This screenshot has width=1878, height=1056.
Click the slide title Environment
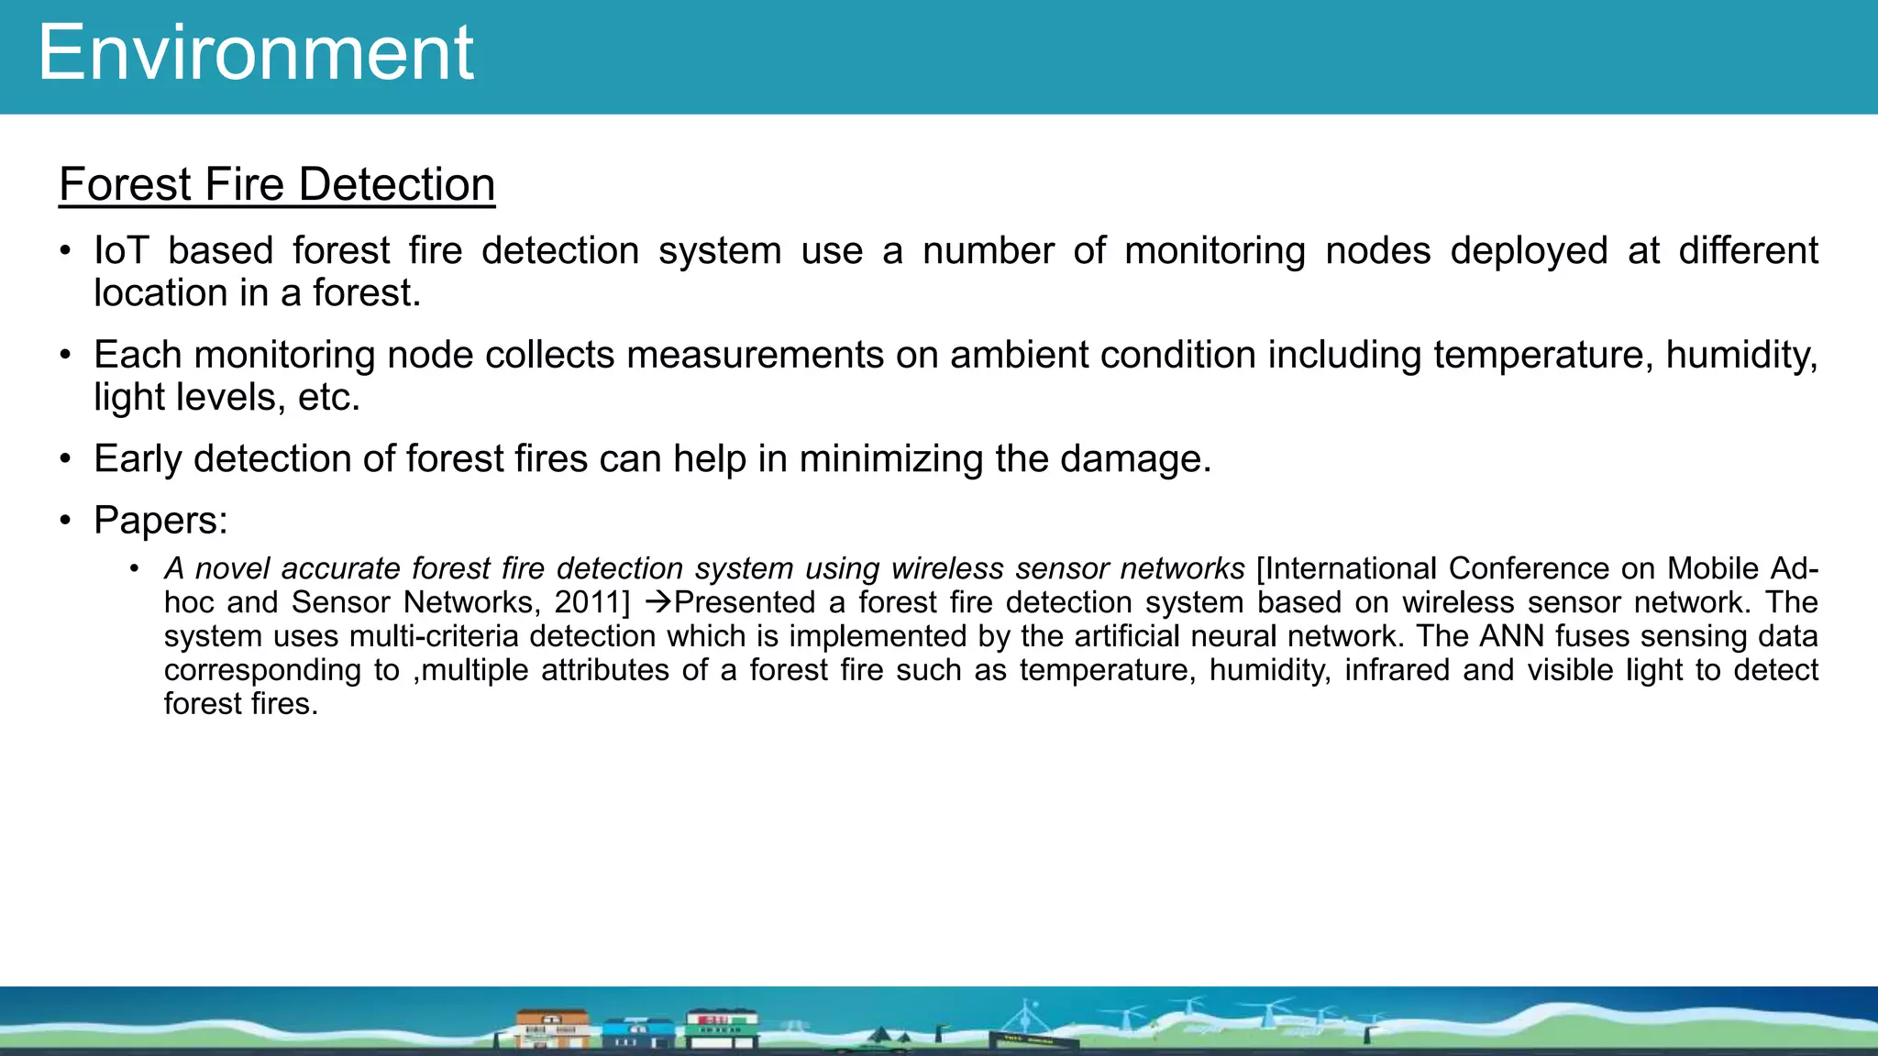coord(256,53)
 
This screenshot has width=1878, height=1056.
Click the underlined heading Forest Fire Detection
coord(277,184)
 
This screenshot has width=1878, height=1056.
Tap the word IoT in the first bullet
coord(121,250)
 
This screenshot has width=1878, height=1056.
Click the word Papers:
coord(160,521)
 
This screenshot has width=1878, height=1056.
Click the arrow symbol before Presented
coord(658,602)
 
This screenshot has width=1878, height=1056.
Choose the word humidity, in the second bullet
coord(1741,355)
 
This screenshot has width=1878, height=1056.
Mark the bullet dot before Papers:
coord(65,521)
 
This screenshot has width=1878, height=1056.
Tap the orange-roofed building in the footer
coord(552,1028)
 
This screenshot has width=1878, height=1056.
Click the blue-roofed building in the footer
coord(637,1033)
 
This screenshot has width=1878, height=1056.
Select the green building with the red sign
coord(723,1028)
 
